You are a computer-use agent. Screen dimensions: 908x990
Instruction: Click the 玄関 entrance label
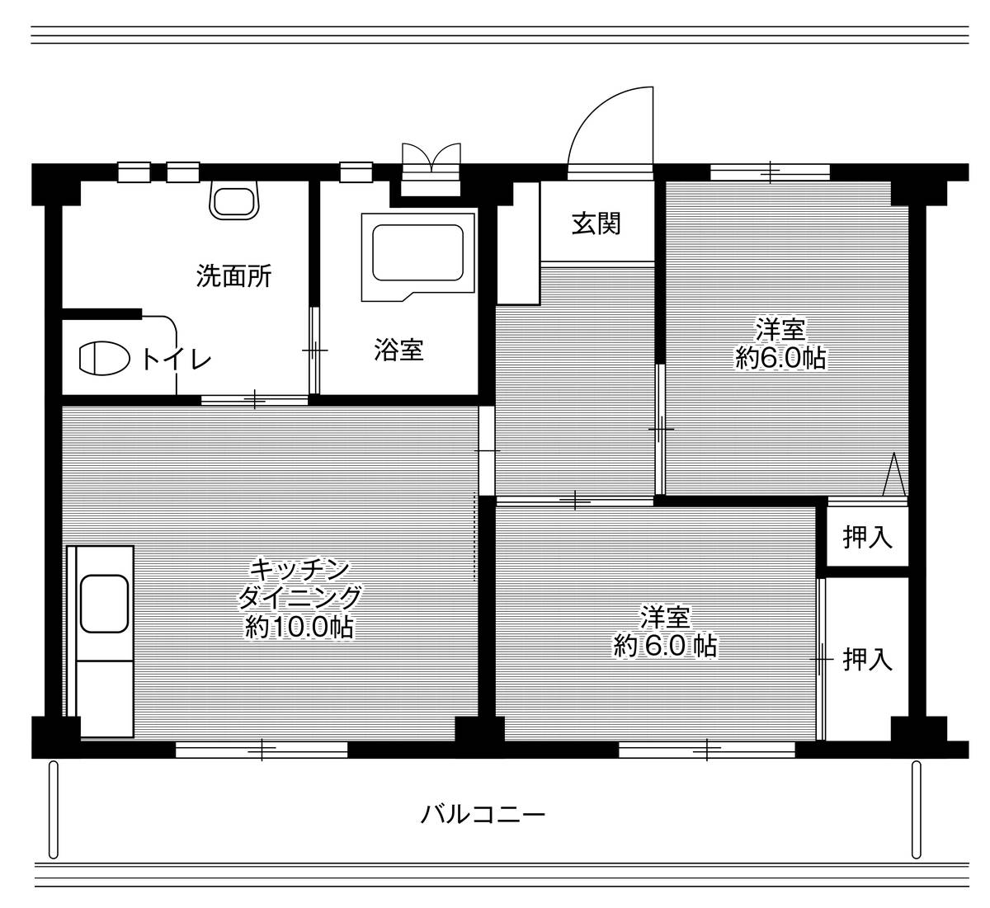pos(596,223)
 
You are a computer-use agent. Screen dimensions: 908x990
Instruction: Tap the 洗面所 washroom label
pos(233,275)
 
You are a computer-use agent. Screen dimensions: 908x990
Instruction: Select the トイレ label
pos(176,359)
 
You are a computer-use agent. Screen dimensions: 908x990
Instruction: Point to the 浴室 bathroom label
pos(398,350)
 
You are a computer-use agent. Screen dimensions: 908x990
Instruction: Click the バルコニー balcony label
pos(483,816)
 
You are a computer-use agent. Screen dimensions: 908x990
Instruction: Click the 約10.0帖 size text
pos(299,628)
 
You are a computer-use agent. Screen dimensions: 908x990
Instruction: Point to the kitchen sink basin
pos(104,604)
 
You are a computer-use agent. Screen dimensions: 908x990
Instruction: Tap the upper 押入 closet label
pos(868,538)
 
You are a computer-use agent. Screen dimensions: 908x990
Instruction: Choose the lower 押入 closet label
pos(868,659)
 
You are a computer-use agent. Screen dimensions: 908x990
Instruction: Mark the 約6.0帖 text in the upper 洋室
pos(780,358)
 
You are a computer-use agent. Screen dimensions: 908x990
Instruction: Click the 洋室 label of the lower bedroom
pos(665,616)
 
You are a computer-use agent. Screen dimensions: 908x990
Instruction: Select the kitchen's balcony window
pos(262,750)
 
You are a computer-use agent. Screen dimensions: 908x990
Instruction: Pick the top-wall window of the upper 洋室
pos(770,172)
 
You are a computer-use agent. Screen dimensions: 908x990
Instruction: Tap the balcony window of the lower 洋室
pos(707,750)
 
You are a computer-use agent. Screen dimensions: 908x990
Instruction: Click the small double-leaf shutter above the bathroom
pos(430,158)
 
